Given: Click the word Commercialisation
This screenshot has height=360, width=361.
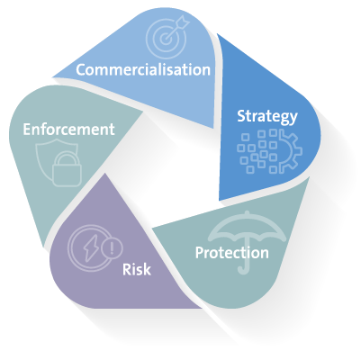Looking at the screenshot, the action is coord(143,69).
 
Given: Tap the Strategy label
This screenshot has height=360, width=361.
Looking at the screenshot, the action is coord(267,116).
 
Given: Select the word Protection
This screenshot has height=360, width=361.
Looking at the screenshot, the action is coord(232,253).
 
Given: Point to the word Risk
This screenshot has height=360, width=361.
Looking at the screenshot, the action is coord(137,269).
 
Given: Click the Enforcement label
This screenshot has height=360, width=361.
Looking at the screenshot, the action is coord(68,130).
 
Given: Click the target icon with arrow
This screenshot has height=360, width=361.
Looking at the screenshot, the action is coord(167,37).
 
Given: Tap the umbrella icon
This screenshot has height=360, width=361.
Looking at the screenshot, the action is coord(247,240).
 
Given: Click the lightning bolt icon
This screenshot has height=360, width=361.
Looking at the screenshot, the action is coord(89,248).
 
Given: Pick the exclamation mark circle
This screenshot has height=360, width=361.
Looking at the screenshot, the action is coord(113,247).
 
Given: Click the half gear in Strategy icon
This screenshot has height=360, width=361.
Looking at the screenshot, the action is coord(290,151).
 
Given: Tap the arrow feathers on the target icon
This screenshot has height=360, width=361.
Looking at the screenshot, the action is coord(183,22).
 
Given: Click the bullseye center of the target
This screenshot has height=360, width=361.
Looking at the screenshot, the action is coord(164,39).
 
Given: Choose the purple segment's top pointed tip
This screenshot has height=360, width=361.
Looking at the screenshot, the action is coord(104,174).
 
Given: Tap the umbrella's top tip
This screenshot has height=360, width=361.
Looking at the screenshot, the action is coord(247,211).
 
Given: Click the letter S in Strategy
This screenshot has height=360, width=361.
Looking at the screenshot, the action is coord(241,116).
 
